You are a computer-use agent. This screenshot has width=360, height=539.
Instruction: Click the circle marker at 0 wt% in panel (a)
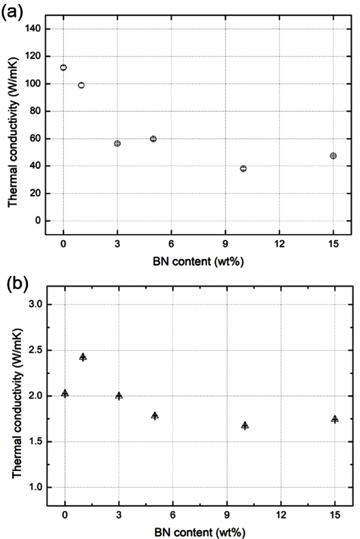(63, 67)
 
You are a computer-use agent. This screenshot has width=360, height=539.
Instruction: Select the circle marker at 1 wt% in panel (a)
(81, 85)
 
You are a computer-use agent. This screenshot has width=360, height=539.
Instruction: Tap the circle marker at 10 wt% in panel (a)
(243, 168)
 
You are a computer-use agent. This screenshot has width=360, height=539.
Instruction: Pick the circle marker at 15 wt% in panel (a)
(333, 156)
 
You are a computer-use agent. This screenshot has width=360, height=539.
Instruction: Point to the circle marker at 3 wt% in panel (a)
(117, 143)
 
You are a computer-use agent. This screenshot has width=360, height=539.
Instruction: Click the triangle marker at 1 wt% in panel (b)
(83, 357)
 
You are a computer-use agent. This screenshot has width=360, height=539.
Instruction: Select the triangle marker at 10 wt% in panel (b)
(245, 425)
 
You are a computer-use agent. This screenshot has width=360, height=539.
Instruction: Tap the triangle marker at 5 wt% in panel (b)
(155, 416)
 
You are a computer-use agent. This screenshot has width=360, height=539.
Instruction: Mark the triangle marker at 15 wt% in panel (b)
(335, 419)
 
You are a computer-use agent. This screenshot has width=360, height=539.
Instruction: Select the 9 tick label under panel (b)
(227, 515)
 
